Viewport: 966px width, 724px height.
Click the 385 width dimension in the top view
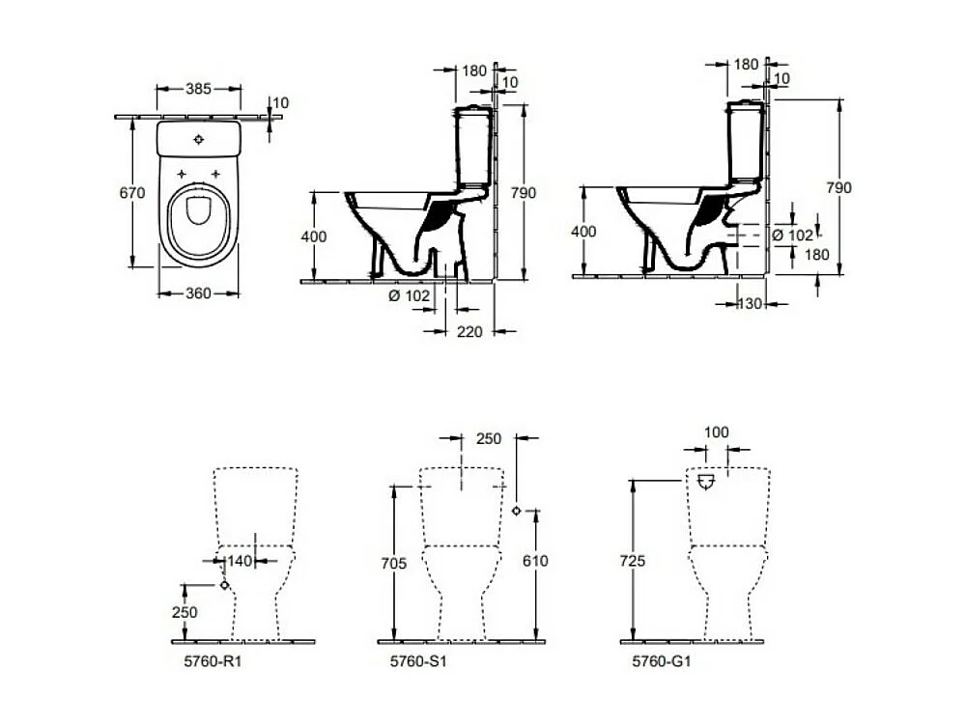tap(198, 89)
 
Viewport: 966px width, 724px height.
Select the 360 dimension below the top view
tap(198, 293)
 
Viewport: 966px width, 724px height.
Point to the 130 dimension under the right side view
tap(751, 304)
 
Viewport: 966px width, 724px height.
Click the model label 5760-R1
tap(199, 662)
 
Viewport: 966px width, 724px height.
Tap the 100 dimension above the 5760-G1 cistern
tap(717, 432)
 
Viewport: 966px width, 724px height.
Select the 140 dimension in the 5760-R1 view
tap(240, 560)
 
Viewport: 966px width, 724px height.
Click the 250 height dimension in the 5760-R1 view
tap(185, 612)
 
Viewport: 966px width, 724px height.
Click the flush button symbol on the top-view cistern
tap(199, 139)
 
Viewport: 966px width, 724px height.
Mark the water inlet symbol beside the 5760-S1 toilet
tap(517, 512)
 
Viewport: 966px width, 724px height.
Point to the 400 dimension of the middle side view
tap(313, 237)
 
